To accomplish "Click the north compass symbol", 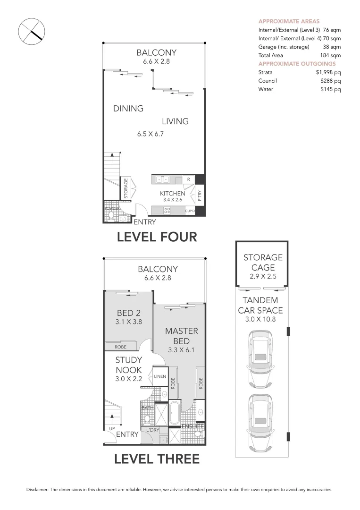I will coord(31,32).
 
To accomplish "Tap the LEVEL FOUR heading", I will coord(157,237).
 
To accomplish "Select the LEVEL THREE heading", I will coord(157,459).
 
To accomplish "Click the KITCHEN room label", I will coord(172,194).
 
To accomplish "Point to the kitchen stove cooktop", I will coord(167,211).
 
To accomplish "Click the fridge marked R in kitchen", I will coord(188,179).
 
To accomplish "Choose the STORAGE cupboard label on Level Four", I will coord(126,187).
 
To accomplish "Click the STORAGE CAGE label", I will coord(263,262).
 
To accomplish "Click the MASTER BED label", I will coord(181,336).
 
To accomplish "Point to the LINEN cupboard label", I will coord(159,377).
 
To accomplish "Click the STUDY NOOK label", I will coord(129,365).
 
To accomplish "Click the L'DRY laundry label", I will coord(152,430).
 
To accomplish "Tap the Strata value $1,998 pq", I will coord(328,72).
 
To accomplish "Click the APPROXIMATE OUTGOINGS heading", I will coord(297,64).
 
